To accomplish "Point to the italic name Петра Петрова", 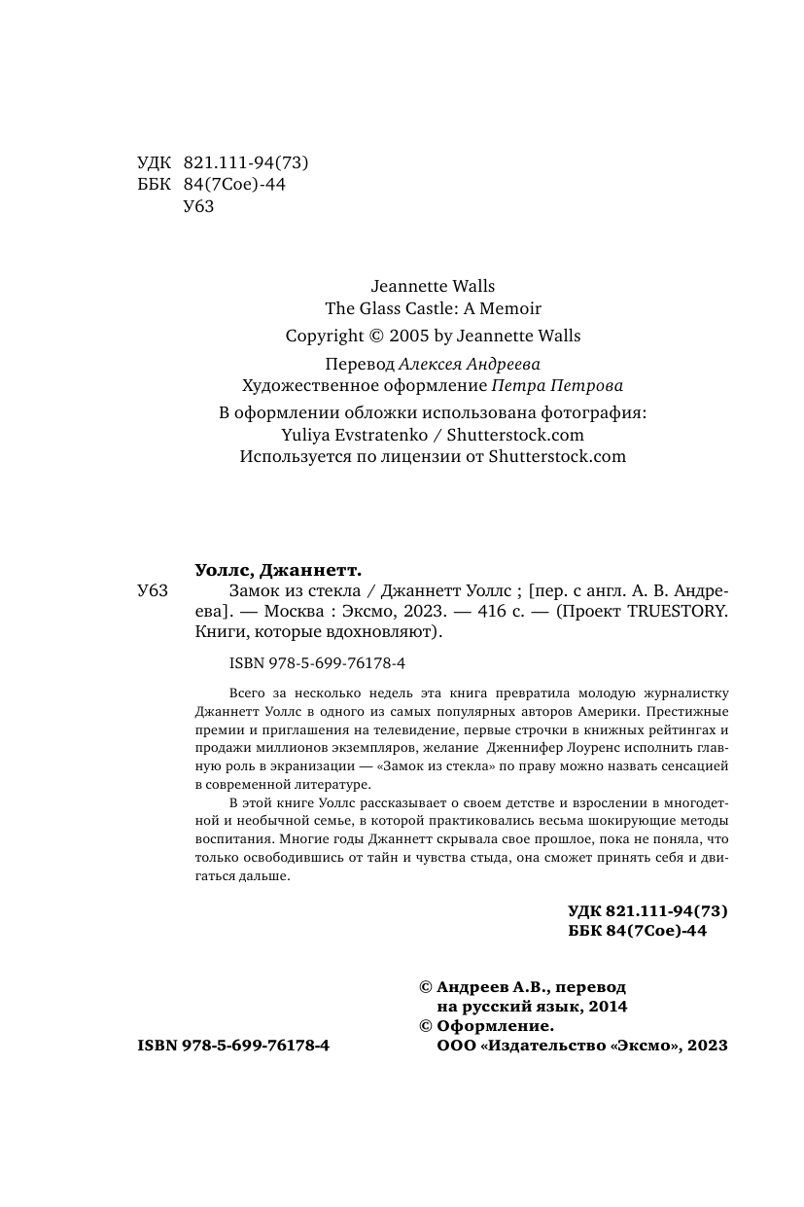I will tap(562, 384).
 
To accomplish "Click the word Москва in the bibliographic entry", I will tap(292, 612).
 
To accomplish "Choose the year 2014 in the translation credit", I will tap(606, 1007).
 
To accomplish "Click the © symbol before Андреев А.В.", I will tap(425, 987).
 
